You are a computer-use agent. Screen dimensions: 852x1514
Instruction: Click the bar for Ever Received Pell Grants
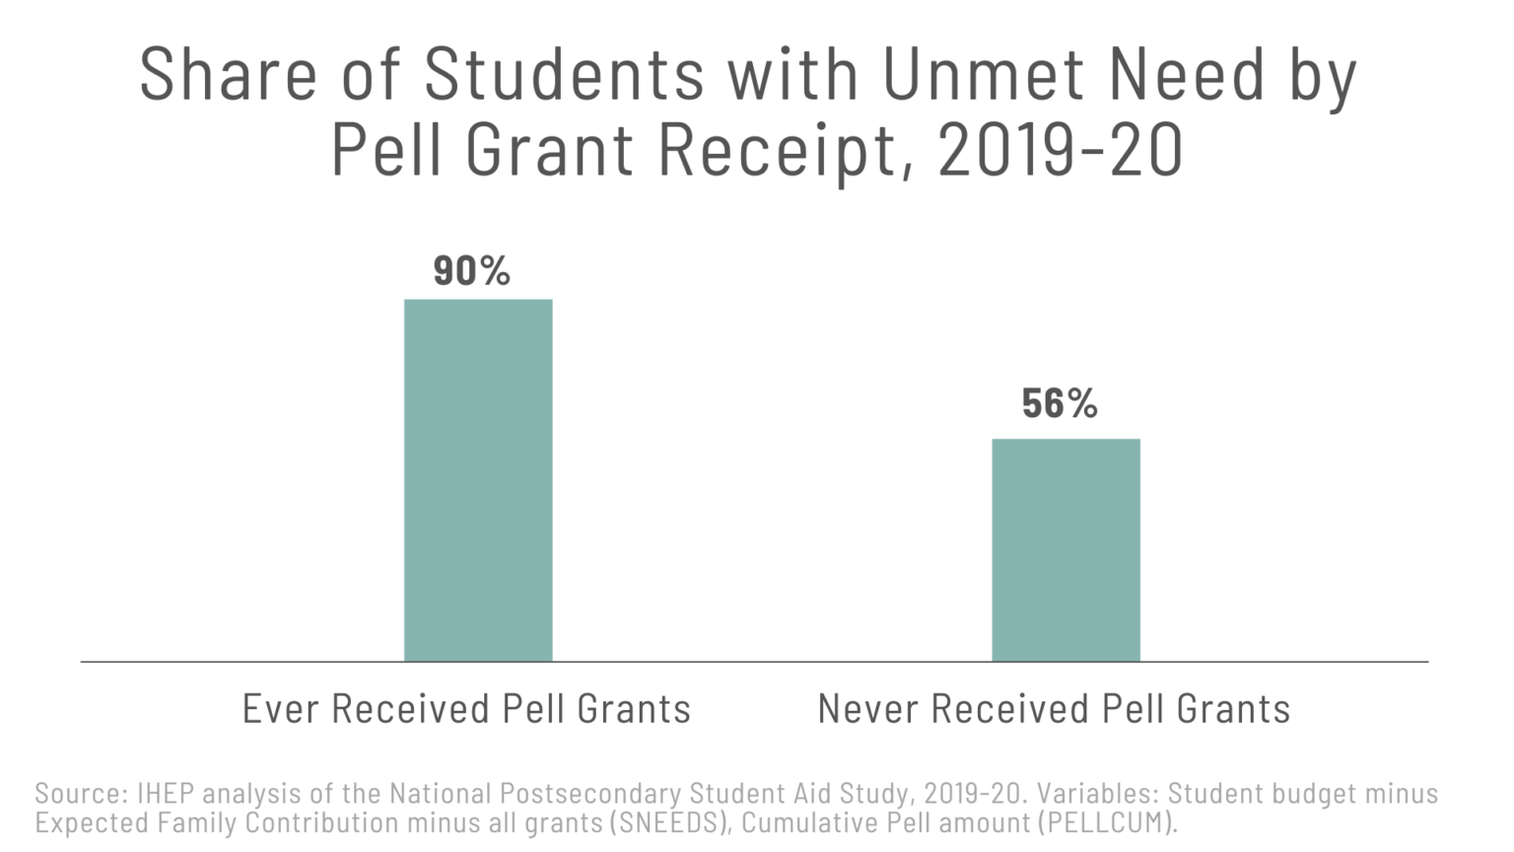(x=478, y=480)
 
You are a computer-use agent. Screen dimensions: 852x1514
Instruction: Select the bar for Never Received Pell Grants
(x=1066, y=550)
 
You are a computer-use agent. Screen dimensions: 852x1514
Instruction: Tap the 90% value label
(x=471, y=271)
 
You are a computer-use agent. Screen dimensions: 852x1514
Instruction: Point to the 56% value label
(x=1060, y=403)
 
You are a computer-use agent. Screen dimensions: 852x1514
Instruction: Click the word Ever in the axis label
(x=281, y=709)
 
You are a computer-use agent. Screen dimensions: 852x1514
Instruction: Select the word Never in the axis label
(x=868, y=709)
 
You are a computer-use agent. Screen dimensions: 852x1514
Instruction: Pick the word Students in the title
(x=564, y=75)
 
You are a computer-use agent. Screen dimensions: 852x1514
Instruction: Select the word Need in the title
(x=1186, y=75)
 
